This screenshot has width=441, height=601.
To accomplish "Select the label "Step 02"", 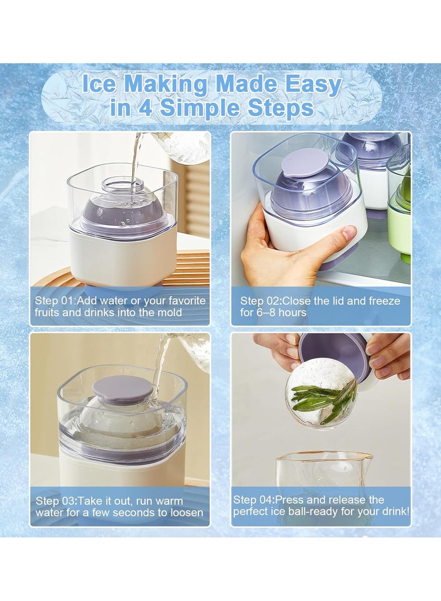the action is (261, 301).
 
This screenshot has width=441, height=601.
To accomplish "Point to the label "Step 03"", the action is (57, 501).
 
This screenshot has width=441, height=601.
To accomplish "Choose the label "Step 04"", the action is (254, 500).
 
